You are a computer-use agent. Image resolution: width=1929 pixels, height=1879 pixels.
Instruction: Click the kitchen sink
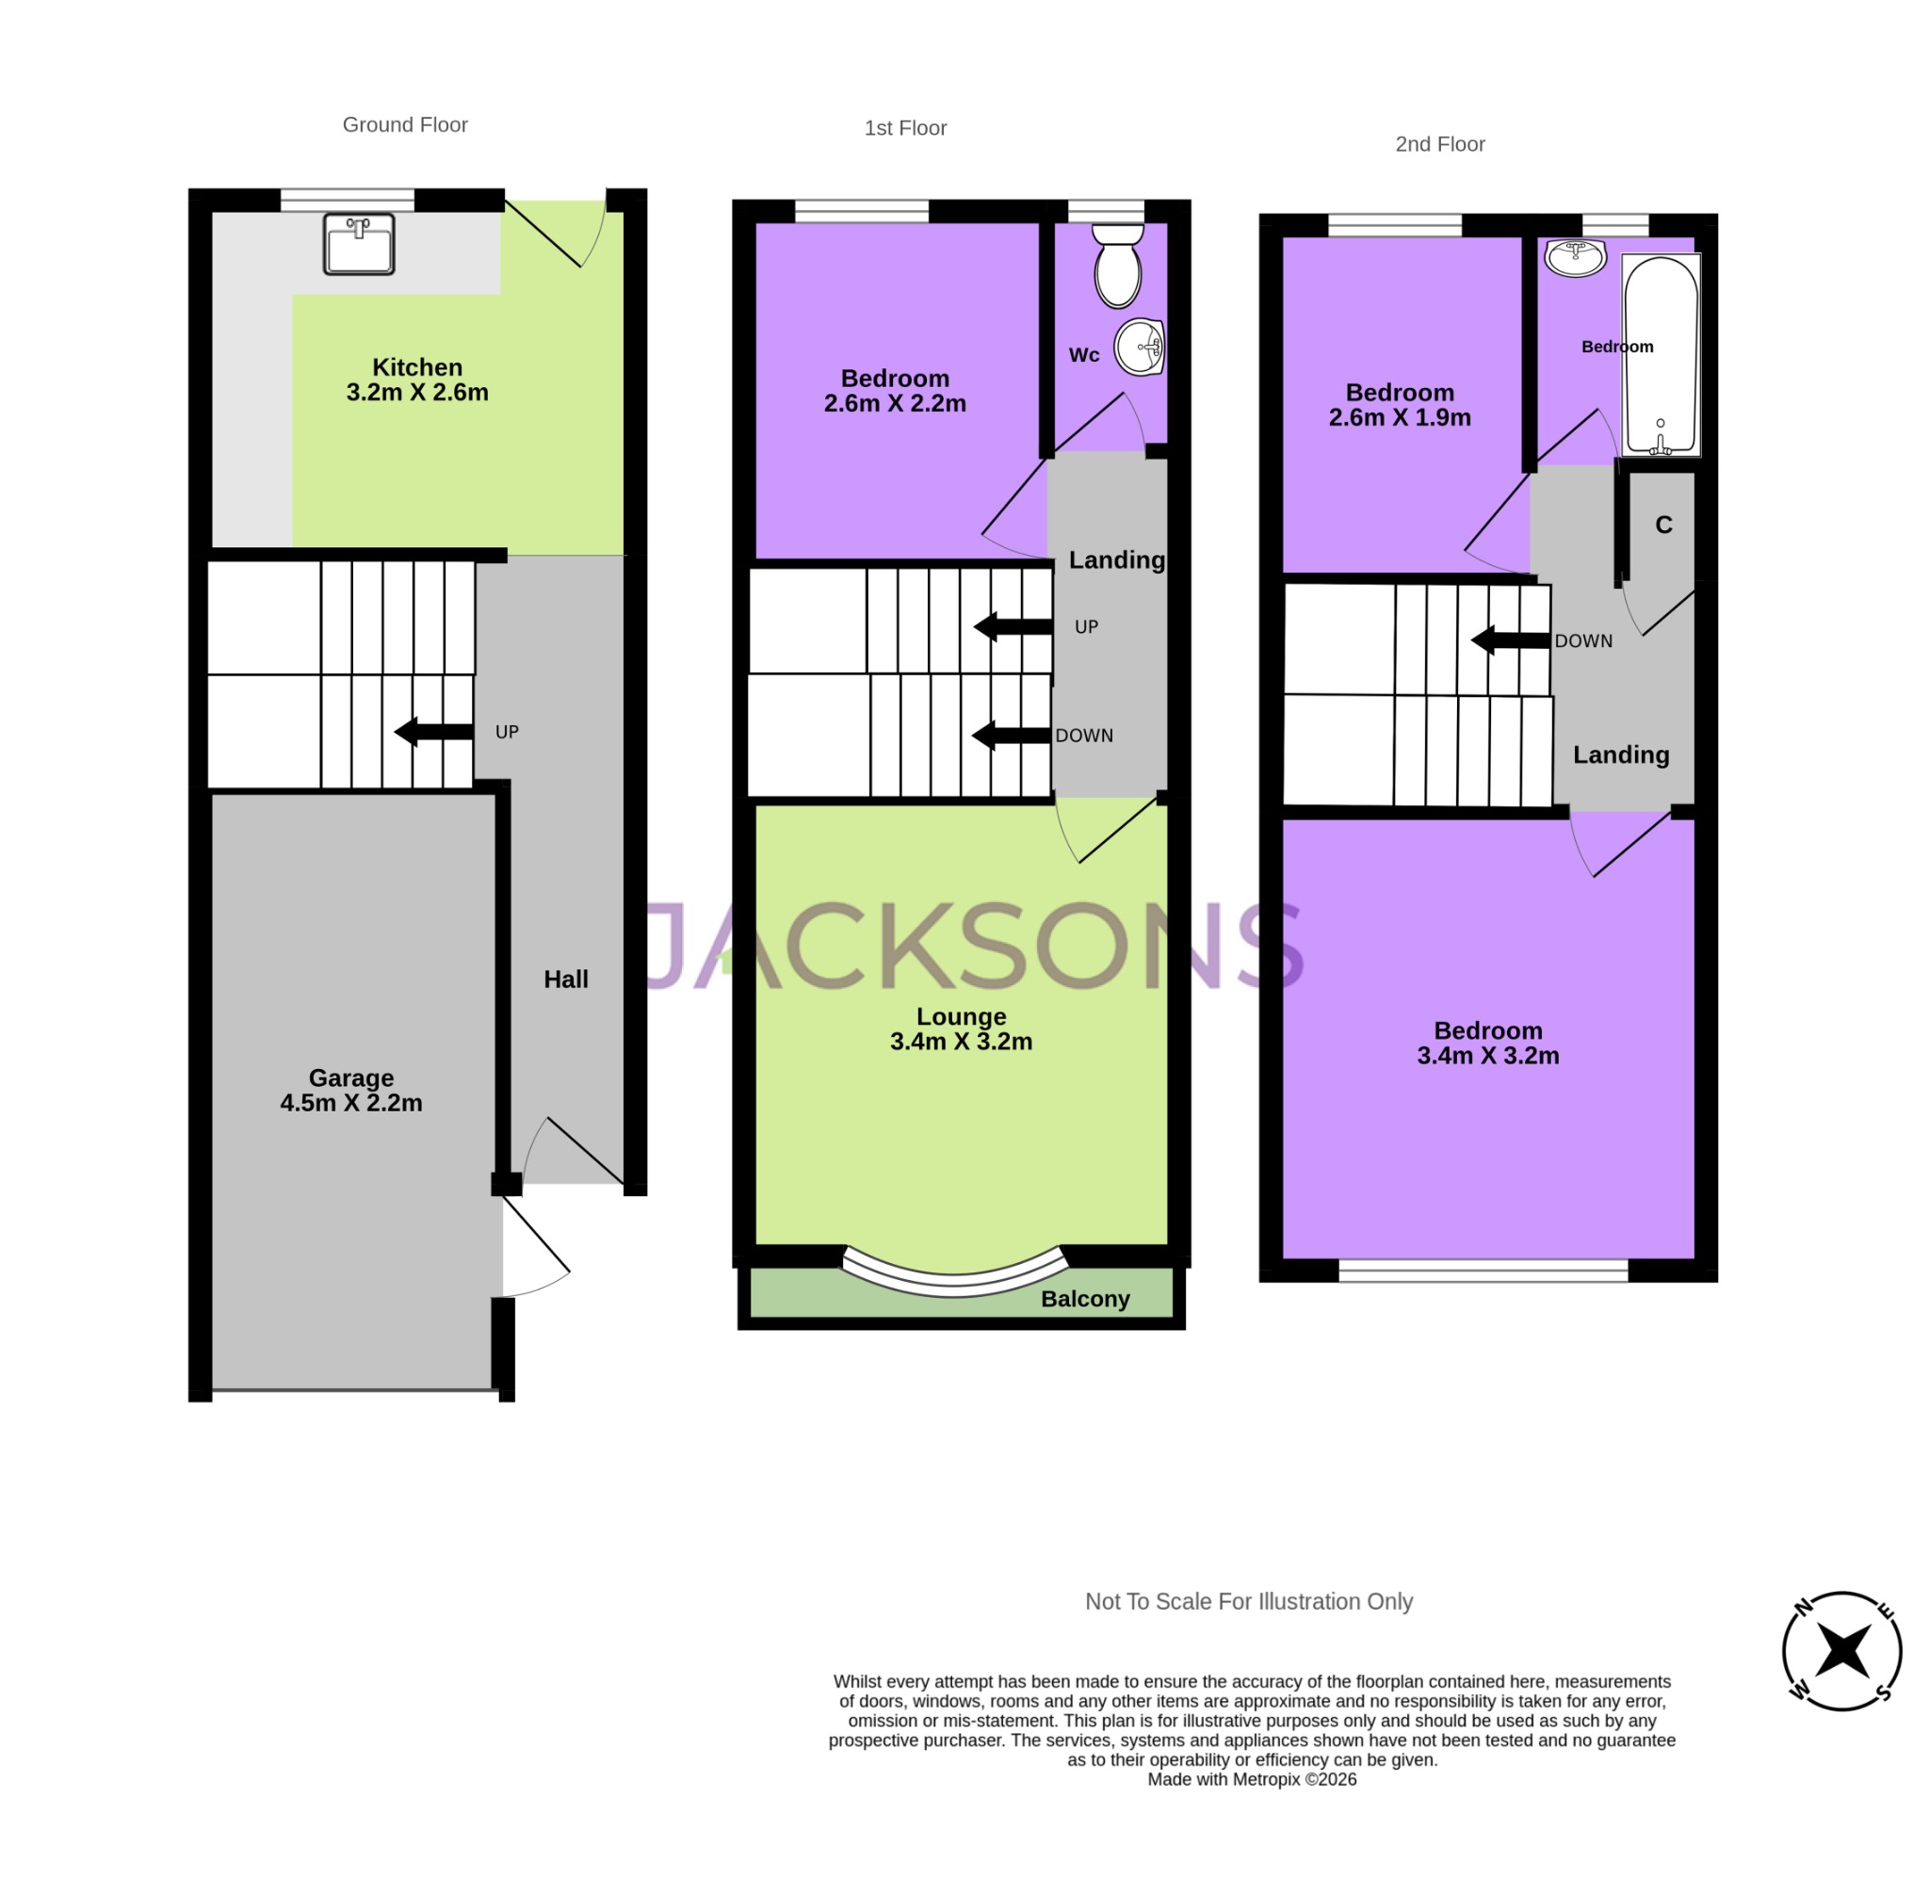point(359,243)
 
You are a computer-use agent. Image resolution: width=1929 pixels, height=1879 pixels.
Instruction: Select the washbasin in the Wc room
point(1140,348)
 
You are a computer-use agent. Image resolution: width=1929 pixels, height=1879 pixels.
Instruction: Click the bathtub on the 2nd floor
point(1661,354)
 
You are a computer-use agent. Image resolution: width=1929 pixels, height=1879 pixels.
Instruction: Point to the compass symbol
point(1841,1651)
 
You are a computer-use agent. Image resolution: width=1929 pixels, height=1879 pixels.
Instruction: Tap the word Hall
point(565,979)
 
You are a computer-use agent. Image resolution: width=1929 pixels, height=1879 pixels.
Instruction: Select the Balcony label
point(1085,1299)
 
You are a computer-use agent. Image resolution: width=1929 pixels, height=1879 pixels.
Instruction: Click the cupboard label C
point(1663,525)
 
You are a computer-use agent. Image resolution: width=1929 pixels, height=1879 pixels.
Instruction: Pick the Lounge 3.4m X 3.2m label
point(961,1029)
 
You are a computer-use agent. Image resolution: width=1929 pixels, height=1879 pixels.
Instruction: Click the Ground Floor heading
point(405,124)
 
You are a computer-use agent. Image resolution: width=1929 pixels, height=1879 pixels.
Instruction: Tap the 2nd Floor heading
point(1439,144)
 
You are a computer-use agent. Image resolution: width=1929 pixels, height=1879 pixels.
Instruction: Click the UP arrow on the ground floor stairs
point(434,731)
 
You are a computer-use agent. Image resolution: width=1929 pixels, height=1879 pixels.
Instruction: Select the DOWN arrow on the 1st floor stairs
point(1012,736)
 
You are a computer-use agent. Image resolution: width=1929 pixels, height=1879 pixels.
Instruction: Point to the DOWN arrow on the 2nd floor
point(1510,640)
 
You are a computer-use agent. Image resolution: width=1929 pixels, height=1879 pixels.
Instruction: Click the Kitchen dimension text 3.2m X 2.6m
point(417,393)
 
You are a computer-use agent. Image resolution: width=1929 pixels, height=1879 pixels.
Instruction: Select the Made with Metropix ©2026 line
point(1251,1779)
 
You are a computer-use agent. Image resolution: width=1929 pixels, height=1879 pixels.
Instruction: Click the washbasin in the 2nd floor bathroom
point(1576,257)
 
